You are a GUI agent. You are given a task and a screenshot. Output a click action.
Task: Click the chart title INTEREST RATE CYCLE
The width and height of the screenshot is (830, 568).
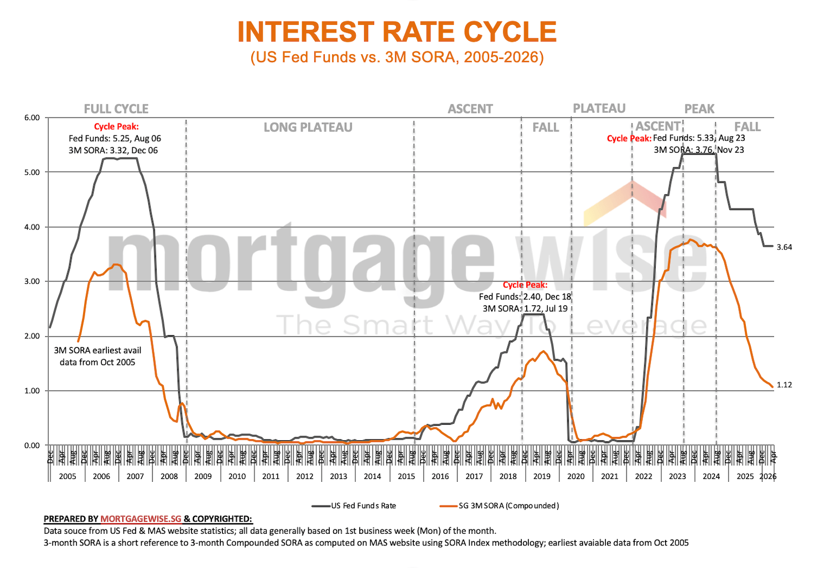point(397,32)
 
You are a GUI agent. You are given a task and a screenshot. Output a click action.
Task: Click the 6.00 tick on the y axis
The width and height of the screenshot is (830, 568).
point(32,118)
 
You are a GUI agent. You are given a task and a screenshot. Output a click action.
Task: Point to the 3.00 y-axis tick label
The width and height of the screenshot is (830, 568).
point(32,282)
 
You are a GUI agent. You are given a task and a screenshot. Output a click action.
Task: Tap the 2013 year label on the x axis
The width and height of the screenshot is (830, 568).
point(338,476)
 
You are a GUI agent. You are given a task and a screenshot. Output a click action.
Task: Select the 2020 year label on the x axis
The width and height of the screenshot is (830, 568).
point(575,476)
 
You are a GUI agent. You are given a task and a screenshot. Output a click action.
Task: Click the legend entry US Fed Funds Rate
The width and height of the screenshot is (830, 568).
point(363,506)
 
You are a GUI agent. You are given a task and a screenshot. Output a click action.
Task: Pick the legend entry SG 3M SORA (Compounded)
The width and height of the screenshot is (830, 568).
point(509,506)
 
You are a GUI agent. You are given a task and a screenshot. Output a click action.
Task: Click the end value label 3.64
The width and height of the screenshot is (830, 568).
point(784,247)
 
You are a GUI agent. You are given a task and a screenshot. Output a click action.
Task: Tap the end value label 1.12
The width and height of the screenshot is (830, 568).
point(784,385)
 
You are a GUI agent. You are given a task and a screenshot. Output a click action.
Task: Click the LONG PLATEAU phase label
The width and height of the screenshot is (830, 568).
point(308,128)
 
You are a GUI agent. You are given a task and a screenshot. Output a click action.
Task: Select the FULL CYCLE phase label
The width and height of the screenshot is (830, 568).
point(116,109)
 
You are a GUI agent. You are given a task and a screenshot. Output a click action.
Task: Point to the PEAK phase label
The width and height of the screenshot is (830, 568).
point(699,109)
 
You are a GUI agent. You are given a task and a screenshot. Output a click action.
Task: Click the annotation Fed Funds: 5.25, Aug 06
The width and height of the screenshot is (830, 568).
point(115,138)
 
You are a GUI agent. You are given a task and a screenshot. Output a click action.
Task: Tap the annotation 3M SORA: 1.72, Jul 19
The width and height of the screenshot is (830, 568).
point(525,309)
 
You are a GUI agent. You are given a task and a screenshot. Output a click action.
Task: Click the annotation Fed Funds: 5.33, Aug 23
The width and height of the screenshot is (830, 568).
point(699,138)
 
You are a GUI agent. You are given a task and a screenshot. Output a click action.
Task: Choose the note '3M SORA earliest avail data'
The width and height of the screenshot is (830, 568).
point(97,356)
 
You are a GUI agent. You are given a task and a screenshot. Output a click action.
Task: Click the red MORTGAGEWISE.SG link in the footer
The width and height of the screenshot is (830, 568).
point(141,519)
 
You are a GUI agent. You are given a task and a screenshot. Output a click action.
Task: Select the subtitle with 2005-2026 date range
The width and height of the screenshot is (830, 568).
point(397,57)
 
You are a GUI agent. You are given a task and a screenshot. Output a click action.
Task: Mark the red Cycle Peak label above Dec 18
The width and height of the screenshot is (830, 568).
point(525,285)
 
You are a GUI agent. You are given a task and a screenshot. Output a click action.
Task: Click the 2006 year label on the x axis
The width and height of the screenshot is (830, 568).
point(101,476)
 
